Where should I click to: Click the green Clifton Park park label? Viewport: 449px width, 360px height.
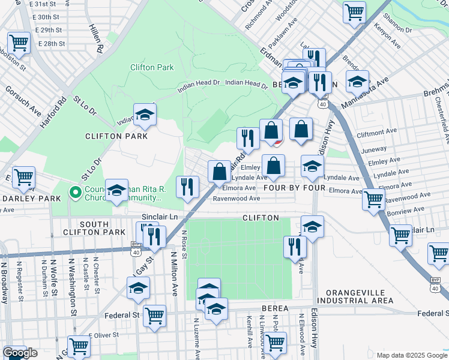pyautogui.click(x=152, y=67)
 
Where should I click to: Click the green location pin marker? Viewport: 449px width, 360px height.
pyautogui.click(x=75, y=193)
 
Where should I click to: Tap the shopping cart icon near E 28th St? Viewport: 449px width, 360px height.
pyautogui.click(x=19, y=43)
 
